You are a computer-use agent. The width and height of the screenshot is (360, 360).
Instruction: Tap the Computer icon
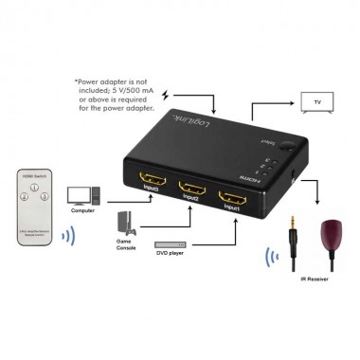coord(82,194)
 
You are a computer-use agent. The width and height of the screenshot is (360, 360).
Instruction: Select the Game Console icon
coord(123,224)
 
